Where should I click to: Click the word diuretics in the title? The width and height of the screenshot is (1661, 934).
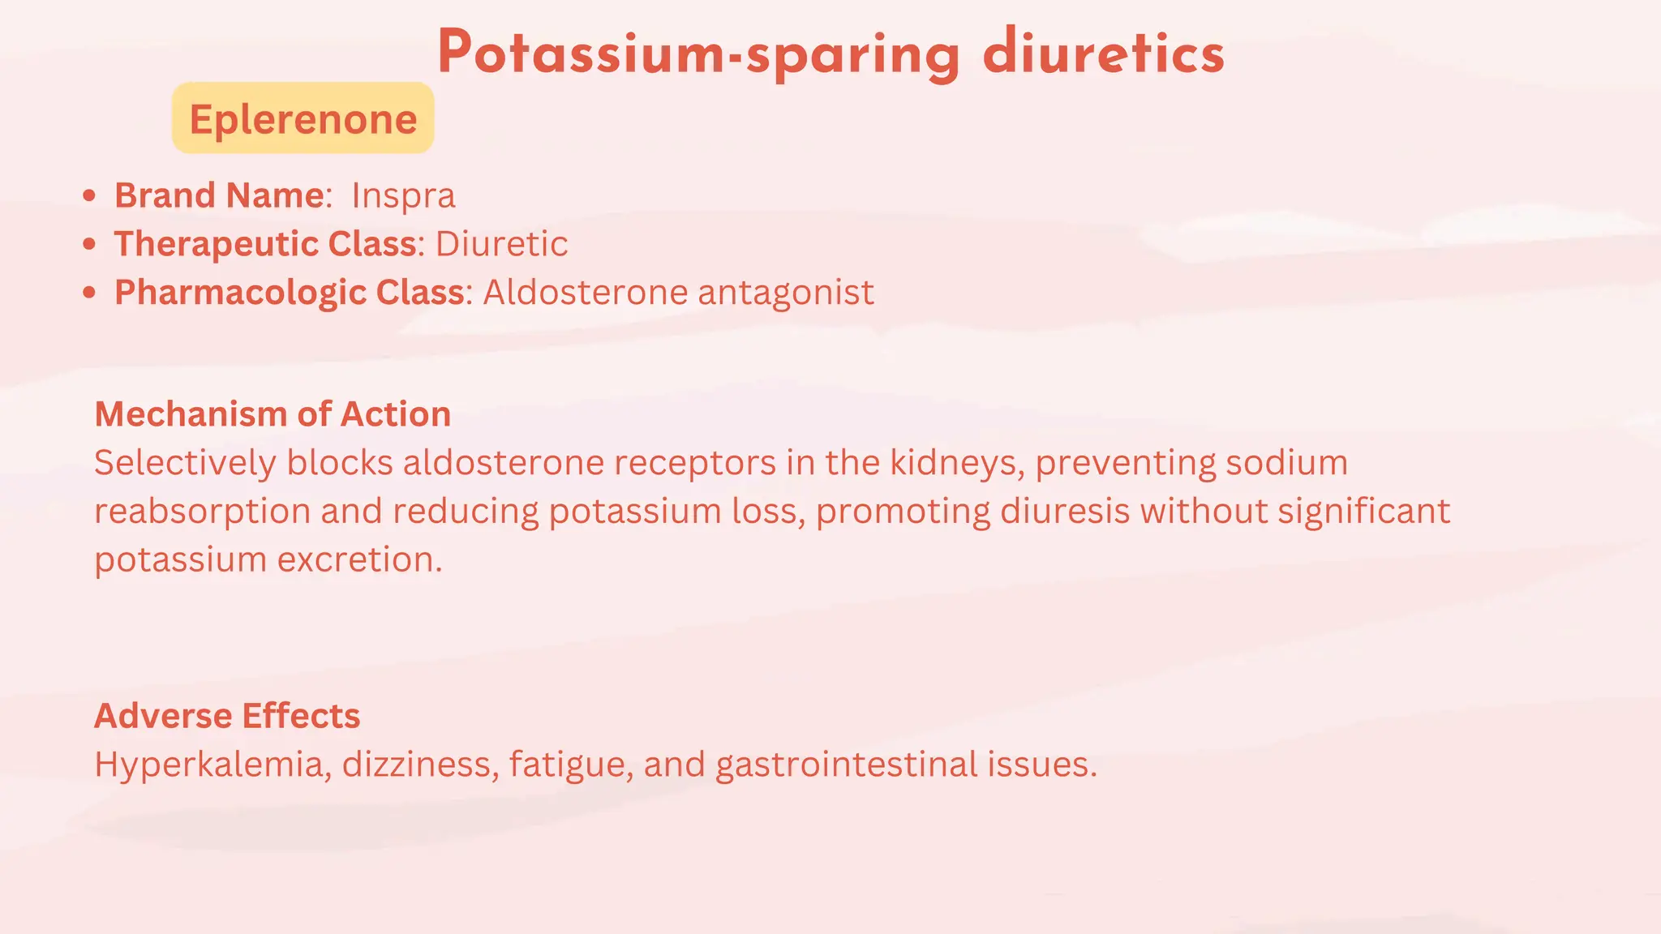(1103, 54)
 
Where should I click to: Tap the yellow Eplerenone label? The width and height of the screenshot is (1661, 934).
(303, 118)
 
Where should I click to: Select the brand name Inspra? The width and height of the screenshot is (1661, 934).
(403, 195)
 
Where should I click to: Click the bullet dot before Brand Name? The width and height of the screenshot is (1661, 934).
(89, 195)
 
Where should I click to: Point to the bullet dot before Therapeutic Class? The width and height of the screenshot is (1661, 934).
(89, 243)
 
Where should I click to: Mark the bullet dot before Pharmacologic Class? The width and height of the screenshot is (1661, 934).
(89, 292)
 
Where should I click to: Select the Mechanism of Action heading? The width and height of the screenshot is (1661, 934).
(273, 414)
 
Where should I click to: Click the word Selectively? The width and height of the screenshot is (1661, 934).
(185, 463)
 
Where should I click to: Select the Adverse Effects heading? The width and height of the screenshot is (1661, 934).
(227, 716)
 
